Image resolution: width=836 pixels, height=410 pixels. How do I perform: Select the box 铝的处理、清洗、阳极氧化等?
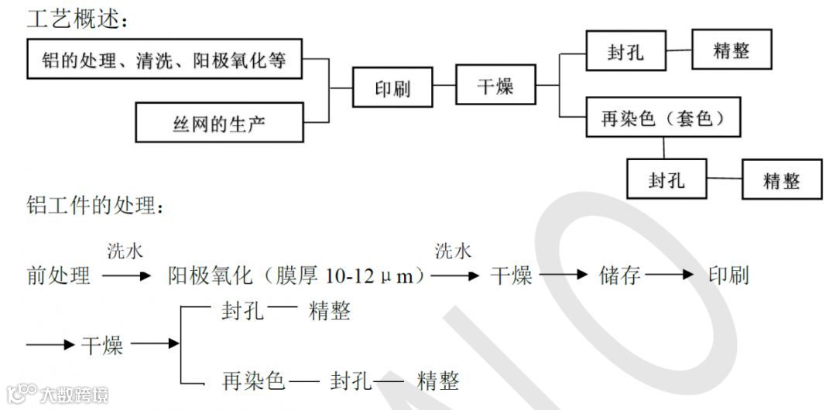[x=164, y=60]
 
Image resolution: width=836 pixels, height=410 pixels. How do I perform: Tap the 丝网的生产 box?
[x=219, y=122]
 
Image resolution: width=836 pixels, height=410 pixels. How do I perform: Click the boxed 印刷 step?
[x=392, y=88]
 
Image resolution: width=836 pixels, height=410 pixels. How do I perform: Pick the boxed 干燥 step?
[x=495, y=85]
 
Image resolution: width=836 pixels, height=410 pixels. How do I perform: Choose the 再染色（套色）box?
[x=663, y=118]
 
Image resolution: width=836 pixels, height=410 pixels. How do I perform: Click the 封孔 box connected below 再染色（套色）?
[x=666, y=180]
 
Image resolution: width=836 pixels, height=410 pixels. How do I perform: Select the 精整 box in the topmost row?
[x=731, y=52]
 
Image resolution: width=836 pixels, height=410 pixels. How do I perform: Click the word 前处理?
[x=58, y=275]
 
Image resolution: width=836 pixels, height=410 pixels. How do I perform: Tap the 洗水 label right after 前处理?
[x=125, y=251]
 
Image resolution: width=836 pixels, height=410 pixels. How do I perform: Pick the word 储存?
[x=620, y=275]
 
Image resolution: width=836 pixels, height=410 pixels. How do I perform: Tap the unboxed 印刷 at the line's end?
[x=728, y=275]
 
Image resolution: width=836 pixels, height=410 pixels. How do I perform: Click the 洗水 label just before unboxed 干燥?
[x=454, y=251]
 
